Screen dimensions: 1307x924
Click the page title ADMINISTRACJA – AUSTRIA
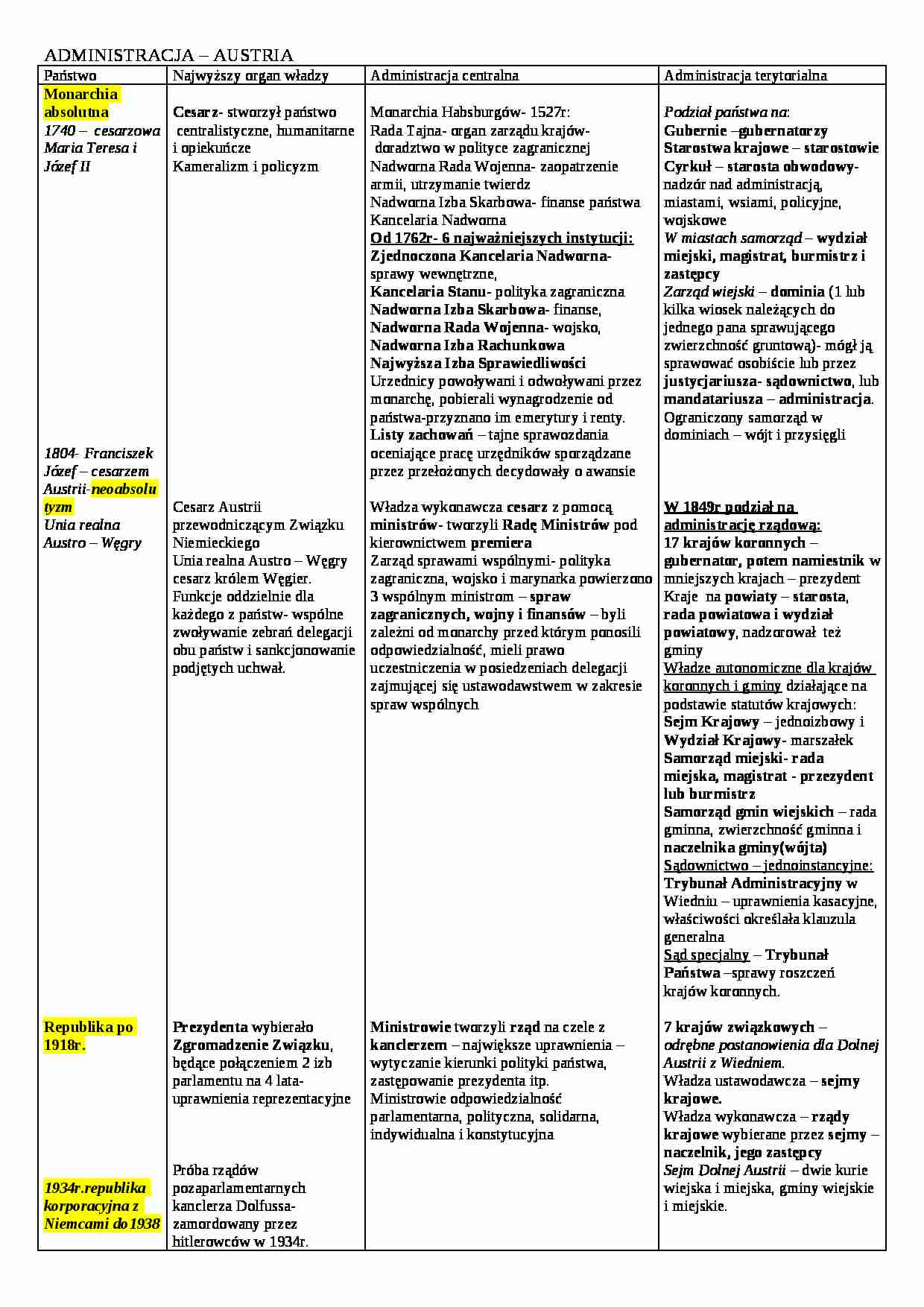click(x=168, y=55)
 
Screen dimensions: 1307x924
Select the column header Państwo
click(x=70, y=75)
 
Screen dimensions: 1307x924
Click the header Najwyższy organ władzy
click(x=250, y=75)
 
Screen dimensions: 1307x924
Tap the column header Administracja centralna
click(x=444, y=75)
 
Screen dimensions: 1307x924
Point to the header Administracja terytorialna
click(x=745, y=75)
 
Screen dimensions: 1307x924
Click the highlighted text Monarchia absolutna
click(x=80, y=103)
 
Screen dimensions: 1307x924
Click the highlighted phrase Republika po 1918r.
click(x=88, y=1036)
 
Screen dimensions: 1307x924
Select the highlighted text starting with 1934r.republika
click(x=101, y=1206)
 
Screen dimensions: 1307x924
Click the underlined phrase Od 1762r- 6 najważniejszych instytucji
click(x=501, y=238)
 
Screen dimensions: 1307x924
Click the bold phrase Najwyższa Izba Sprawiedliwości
click(x=478, y=363)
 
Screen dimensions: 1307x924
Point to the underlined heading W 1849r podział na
click(x=730, y=507)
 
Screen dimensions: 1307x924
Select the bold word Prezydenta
click(x=211, y=1027)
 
